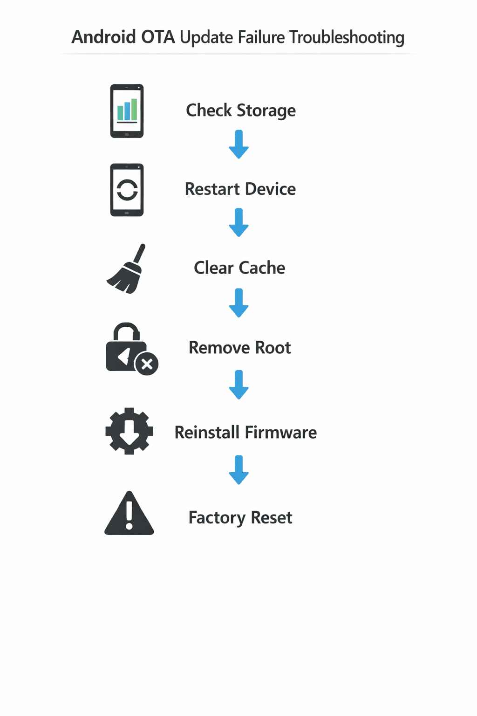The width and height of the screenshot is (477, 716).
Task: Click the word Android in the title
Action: pos(103,37)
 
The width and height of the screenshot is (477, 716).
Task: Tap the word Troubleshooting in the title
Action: pos(347,37)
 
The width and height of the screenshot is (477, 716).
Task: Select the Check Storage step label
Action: pos(240,110)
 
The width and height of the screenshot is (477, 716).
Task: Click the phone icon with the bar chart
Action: pos(127,111)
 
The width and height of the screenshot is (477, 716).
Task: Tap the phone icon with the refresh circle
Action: pos(127,190)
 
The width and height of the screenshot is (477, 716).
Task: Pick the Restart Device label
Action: pos(240,189)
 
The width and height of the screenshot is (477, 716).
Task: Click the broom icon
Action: pos(126,269)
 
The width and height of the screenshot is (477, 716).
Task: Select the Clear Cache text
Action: pos(239,268)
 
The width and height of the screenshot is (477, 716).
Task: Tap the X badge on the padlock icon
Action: pos(147,364)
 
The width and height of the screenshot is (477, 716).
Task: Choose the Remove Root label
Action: pos(239,348)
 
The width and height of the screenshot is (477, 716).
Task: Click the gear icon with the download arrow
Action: pos(129,431)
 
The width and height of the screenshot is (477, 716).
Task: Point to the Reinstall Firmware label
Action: pos(245,433)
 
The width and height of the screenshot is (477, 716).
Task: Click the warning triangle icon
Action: pos(129,514)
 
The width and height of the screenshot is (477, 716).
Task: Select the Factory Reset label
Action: pos(240,518)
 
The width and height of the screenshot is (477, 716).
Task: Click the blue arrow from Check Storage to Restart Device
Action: pos(238,145)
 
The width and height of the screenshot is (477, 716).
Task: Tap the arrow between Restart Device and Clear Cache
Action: pos(238,223)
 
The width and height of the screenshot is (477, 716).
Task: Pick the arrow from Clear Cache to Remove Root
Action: pos(238,303)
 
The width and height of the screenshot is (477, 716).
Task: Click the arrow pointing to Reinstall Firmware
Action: pos(238,385)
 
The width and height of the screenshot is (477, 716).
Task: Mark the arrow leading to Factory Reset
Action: pos(238,470)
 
